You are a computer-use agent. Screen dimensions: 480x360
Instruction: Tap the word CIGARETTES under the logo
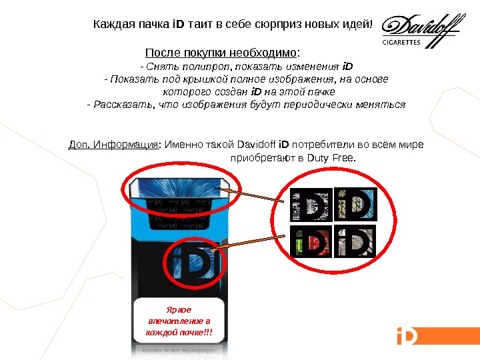point(401,42)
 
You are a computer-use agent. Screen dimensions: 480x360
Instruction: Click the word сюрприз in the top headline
point(278,23)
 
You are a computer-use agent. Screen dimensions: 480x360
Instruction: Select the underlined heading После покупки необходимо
point(221,53)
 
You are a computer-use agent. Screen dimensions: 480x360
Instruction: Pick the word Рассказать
point(123,105)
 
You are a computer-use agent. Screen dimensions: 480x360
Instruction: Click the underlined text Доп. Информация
point(113,144)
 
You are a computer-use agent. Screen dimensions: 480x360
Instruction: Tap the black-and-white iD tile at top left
point(311,205)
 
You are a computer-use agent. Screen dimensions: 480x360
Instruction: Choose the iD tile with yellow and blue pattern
point(356,204)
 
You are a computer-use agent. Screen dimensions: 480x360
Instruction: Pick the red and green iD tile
point(311,241)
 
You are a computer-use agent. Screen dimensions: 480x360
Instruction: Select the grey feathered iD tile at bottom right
point(355,241)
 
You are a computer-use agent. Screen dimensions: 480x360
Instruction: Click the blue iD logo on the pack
point(193,263)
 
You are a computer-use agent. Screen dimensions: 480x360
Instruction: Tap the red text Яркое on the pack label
point(179,309)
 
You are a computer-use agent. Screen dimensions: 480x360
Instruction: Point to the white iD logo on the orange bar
point(407,335)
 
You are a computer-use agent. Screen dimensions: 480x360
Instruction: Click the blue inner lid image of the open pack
point(179,187)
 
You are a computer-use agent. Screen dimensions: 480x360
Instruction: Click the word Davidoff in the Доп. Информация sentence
point(257,144)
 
